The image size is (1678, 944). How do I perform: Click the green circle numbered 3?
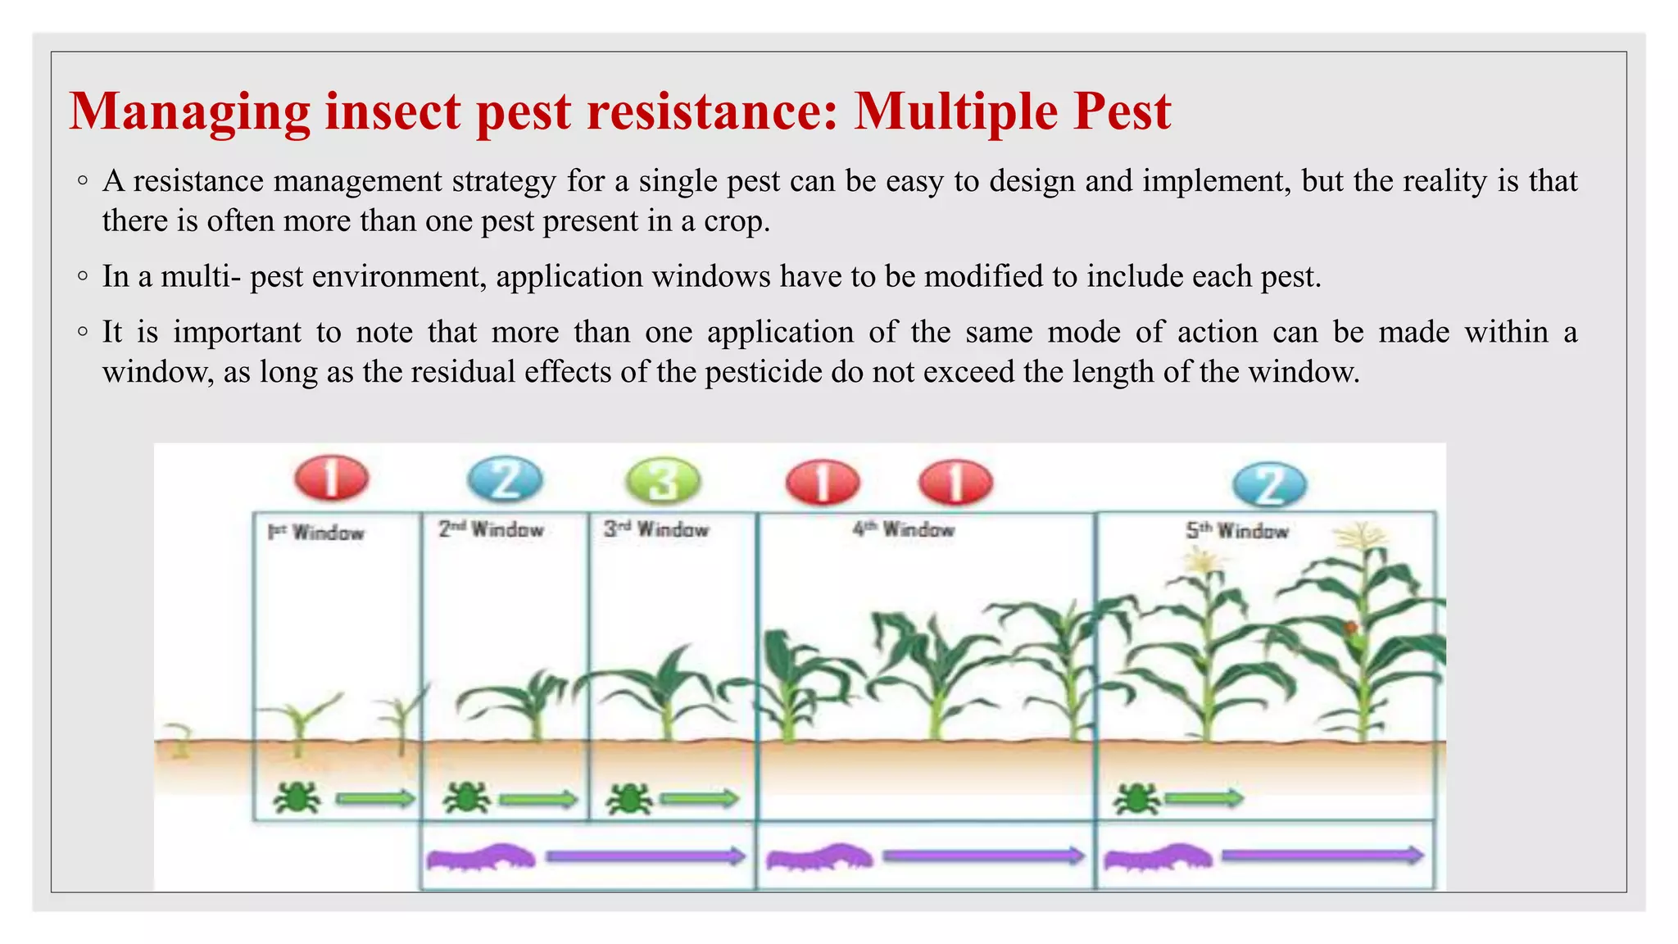[663, 481]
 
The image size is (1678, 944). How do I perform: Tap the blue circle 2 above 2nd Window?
[505, 480]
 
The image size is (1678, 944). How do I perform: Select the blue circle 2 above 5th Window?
[1269, 484]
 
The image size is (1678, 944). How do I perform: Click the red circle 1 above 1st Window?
[331, 478]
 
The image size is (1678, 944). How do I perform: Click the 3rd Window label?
[656, 530]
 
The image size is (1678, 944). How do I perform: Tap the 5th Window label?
[1237, 531]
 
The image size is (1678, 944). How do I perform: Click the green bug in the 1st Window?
[297, 797]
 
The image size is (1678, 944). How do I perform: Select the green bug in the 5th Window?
[1136, 798]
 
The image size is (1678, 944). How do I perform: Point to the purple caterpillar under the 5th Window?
[1157, 858]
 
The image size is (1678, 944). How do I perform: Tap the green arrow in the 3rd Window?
[699, 798]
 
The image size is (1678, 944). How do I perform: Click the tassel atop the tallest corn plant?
[1361, 538]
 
